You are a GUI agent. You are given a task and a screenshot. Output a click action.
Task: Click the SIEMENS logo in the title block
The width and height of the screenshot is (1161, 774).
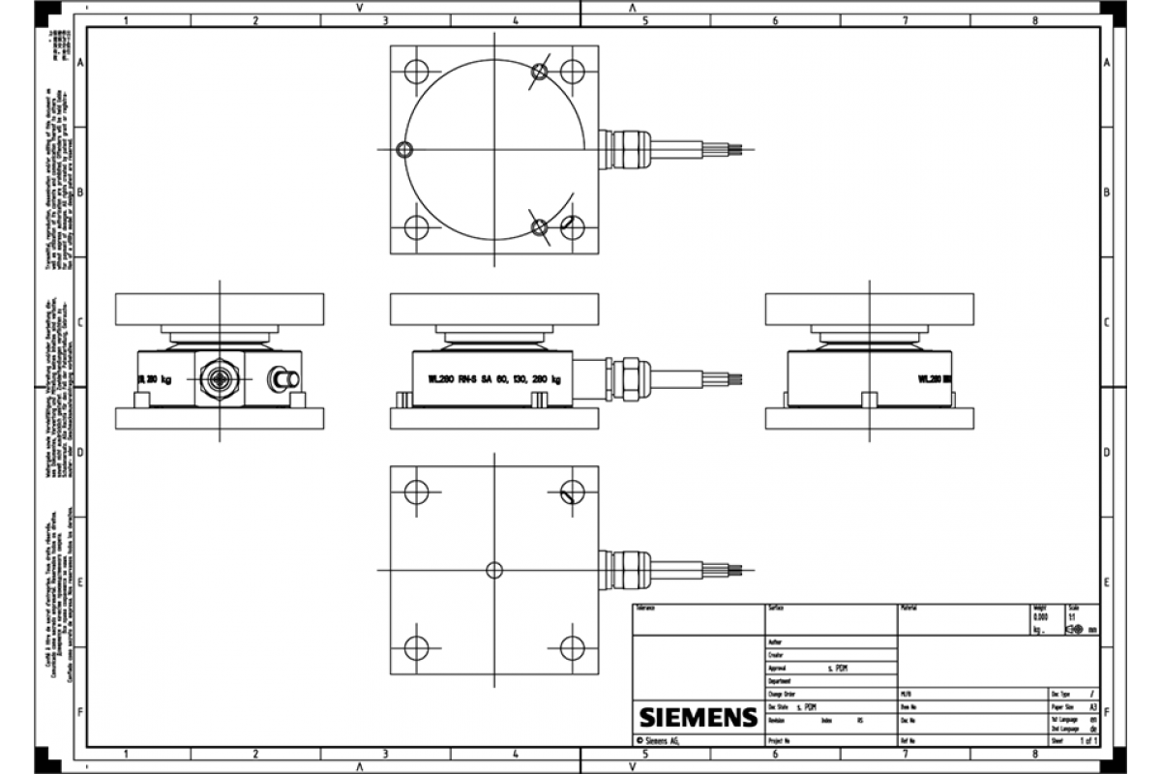[x=697, y=717]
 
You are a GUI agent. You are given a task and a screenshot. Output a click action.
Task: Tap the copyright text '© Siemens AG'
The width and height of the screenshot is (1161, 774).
[x=666, y=740]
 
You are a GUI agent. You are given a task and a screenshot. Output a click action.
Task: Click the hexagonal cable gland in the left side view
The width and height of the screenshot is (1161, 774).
[x=220, y=375]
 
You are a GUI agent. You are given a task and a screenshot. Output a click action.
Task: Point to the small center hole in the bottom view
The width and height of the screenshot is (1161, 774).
[x=494, y=570]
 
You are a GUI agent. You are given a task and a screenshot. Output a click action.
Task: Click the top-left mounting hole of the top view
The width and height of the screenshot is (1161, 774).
[x=416, y=72]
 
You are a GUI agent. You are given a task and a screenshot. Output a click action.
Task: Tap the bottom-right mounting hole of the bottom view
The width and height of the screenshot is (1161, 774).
[x=572, y=647]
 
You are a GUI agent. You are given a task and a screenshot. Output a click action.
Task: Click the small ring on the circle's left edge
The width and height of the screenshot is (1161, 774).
[x=404, y=149]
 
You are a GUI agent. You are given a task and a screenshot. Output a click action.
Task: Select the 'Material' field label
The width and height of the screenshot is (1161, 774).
[x=909, y=608]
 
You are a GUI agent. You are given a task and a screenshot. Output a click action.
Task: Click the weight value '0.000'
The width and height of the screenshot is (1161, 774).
[x=1040, y=617]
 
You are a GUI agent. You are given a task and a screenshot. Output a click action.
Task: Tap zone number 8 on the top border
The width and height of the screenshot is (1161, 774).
[x=1034, y=19]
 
